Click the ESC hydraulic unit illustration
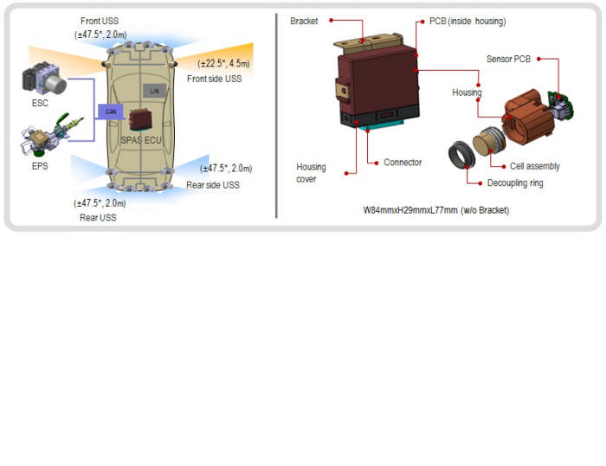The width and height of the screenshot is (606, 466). [44, 80]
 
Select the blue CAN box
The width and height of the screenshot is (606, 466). [111, 112]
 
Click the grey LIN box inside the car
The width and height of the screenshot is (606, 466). [155, 91]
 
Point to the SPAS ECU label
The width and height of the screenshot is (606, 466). [141, 140]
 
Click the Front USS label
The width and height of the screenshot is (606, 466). [100, 21]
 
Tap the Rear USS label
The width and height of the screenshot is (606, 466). [98, 218]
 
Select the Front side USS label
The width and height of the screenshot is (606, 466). [214, 79]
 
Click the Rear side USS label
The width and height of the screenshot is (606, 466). [213, 185]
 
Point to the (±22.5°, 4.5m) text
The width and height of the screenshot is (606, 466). [223, 63]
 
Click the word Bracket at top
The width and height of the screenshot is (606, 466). [304, 21]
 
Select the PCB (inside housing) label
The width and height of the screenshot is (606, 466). [467, 21]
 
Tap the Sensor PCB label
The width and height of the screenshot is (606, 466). [508, 59]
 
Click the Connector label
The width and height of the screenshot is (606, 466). [403, 163]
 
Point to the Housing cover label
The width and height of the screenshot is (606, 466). [311, 173]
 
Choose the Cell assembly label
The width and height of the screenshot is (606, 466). [534, 166]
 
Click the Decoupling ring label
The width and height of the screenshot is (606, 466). [515, 183]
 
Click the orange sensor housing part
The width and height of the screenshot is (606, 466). [527, 117]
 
